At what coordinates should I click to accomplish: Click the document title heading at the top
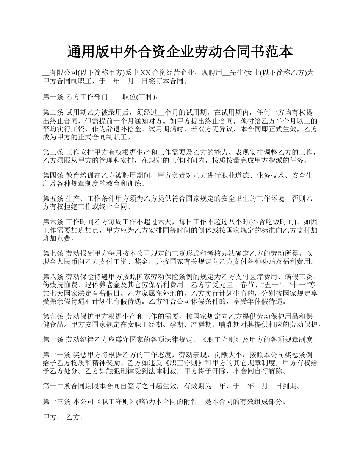click(x=180, y=52)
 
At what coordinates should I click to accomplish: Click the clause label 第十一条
click(x=56, y=355)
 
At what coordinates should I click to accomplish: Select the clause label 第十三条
click(x=56, y=402)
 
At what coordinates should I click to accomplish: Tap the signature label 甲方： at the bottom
click(x=51, y=418)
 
